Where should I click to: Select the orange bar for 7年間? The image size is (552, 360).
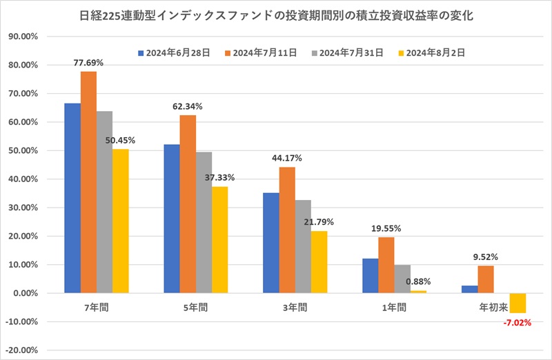click(x=88, y=182)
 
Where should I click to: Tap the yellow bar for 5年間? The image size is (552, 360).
click(x=219, y=239)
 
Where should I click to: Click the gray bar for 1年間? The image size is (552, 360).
click(x=402, y=279)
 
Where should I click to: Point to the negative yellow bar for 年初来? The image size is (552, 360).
click(x=517, y=303)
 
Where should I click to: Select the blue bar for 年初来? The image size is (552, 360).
click(x=469, y=289)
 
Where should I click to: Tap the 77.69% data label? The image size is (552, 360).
click(x=88, y=62)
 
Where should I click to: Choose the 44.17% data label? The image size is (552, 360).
click(x=286, y=158)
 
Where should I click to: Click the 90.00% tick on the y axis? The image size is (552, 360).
click(x=28, y=37)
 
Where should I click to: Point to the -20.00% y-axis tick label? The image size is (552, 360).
click(x=27, y=350)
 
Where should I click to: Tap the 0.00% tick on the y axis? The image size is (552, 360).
click(x=30, y=293)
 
